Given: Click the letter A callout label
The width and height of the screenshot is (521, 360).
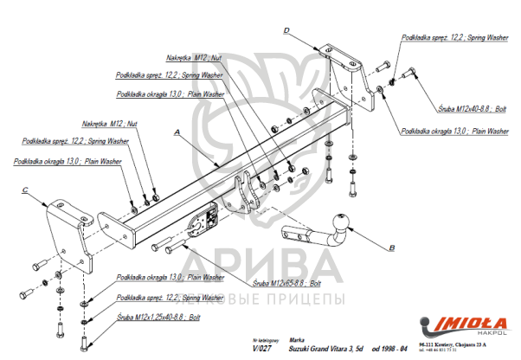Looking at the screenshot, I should click(177, 132).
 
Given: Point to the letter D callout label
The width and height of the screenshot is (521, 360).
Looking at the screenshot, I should click(285, 31).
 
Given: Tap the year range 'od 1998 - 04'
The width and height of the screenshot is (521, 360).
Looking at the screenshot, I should click(389, 347).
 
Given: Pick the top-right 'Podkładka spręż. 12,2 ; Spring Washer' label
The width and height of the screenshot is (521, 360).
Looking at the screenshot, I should click(453, 39).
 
